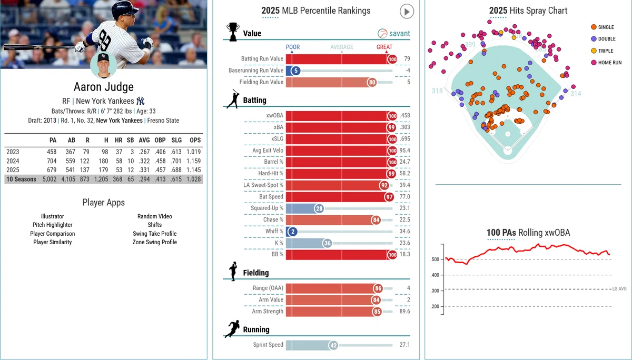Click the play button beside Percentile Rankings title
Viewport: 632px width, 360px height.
pos(407,12)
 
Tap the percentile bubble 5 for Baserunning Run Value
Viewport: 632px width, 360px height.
pos(295,71)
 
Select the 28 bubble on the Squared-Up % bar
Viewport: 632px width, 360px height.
pos(319,208)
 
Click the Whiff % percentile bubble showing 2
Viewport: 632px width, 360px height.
pos(293,232)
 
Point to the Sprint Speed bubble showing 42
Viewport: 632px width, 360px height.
pos(333,345)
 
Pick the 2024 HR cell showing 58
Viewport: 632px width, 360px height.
pos(119,161)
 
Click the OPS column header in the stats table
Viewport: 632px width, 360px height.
pos(195,140)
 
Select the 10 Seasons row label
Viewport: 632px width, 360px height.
pos(21,179)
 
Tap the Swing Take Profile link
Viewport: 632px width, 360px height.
pos(155,234)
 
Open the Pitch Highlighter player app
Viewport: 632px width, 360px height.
pos(53,225)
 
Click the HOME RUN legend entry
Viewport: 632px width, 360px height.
pos(606,63)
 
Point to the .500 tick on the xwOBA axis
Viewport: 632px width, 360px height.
pos(435,259)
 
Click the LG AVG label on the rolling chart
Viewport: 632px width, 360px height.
pos(619,288)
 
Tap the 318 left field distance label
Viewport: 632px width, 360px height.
pos(437,91)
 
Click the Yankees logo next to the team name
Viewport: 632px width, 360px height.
pos(140,101)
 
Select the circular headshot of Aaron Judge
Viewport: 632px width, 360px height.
pos(103,65)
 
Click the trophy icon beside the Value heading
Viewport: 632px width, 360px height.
pos(233,32)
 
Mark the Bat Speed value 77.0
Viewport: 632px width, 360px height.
pos(404,196)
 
